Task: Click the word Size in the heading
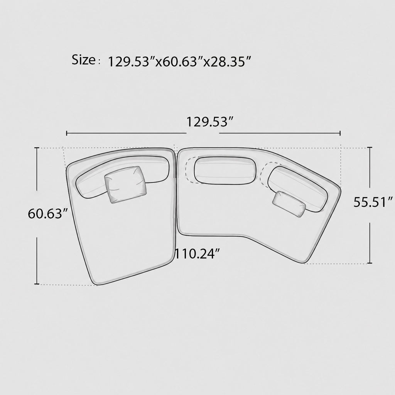pos(84,60)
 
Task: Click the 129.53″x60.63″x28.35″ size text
pos(180,61)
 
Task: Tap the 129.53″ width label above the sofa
pos(209,122)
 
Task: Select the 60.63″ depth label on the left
pos(48,214)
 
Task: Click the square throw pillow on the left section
pos(126,184)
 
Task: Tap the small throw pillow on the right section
pos(289,204)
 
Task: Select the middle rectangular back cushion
pos(225,170)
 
